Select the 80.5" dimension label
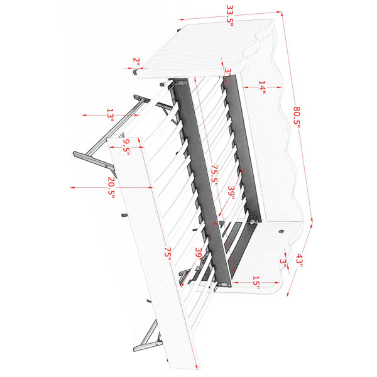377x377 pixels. pos(297,115)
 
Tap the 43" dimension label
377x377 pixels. pos(299,261)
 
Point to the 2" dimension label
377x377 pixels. pos(136,62)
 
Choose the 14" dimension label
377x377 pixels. pos(262,87)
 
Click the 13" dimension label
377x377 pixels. pos(110,115)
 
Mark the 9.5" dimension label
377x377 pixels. pos(126,147)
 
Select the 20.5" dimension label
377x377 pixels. pos(111,187)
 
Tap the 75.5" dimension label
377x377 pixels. pos(214,175)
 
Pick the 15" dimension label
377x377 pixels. pos(256,283)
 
